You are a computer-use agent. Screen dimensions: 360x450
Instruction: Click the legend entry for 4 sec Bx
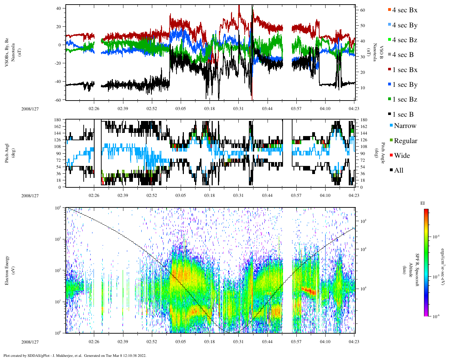click(x=404, y=10)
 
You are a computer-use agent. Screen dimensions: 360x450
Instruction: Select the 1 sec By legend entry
click(x=404, y=85)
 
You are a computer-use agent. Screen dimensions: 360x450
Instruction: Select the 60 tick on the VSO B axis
click(x=362, y=10)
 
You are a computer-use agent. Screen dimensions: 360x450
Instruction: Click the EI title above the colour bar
click(x=423, y=203)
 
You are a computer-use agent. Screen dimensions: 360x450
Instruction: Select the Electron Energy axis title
click(x=7, y=270)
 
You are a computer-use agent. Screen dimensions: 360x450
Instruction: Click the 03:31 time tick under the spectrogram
click(x=238, y=342)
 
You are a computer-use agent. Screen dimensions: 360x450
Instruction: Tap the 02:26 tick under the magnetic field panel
click(x=94, y=109)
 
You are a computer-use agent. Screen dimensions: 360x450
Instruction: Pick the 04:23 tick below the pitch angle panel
click(x=354, y=195)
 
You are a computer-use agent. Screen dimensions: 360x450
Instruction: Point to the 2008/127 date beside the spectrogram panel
click(x=30, y=342)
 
